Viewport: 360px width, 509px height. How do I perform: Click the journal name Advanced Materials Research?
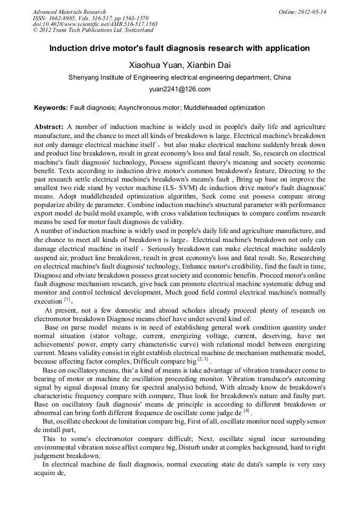coord(69,12)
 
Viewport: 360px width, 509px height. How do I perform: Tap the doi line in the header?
coord(95,24)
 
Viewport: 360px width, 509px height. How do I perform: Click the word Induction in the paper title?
coord(68,48)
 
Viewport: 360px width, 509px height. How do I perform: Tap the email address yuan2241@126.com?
coord(179,89)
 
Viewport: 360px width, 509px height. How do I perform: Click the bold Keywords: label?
coord(51,108)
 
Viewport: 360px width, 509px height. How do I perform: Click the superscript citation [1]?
coord(67,299)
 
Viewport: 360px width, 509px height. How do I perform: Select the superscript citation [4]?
coord(246,411)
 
